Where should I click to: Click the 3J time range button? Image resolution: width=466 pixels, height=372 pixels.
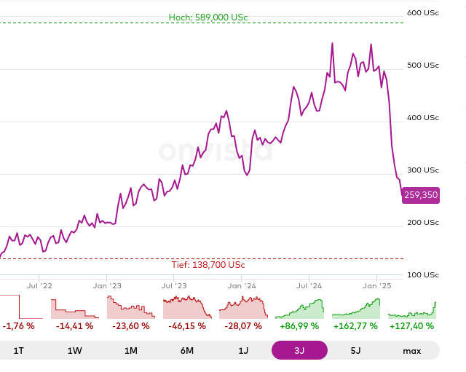[x=299, y=350]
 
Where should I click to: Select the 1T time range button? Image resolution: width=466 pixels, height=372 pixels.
[x=19, y=350]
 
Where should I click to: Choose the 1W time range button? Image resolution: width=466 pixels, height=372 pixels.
[x=75, y=350]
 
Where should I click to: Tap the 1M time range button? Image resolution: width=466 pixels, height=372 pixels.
[x=131, y=350]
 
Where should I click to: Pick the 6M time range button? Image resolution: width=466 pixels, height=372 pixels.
[x=187, y=350]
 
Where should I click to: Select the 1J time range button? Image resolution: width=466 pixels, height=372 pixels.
[x=243, y=350]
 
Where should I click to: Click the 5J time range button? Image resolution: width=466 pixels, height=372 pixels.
[x=355, y=350]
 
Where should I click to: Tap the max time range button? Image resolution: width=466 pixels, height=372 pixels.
[x=412, y=350]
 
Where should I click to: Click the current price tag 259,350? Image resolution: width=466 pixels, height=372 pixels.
[x=421, y=195]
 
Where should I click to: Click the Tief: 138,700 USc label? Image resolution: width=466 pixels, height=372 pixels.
[x=208, y=265]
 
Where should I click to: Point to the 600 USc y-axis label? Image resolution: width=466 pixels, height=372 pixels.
[x=423, y=12]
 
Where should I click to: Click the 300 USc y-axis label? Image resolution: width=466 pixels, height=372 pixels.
[x=423, y=170]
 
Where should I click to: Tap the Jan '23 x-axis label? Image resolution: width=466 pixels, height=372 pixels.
[x=106, y=287]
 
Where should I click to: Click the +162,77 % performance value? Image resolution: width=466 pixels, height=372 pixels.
[x=355, y=326]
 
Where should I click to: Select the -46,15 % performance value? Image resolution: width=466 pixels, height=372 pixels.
[x=187, y=326]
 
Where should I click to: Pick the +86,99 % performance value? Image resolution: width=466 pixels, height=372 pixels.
[x=299, y=326]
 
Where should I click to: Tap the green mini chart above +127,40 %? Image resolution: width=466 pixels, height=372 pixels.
[x=412, y=309]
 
